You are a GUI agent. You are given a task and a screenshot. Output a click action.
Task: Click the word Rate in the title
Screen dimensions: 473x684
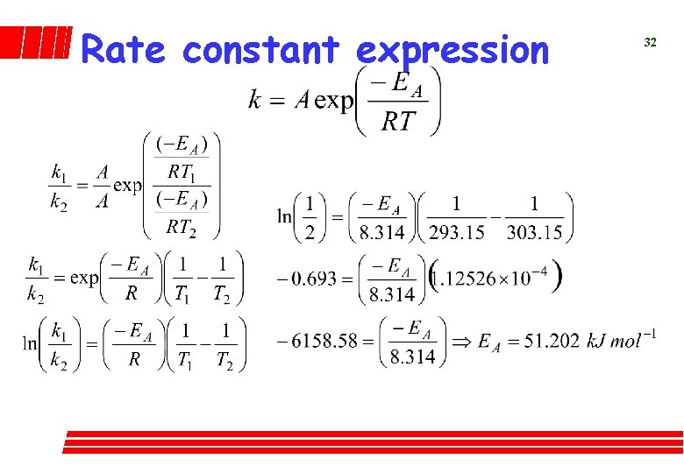pyautogui.click(x=123, y=50)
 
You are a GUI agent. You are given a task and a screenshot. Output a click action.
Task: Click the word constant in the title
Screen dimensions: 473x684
pyautogui.click(x=260, y=50)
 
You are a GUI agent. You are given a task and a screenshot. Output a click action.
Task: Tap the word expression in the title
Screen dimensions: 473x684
pyautogui.click(x=452, y=50)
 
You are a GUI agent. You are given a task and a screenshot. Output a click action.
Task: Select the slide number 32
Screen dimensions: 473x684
pyautogui.click(x=650, y=42)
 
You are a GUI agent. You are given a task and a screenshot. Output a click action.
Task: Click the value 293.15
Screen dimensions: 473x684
pyautogui.click(x=457, y=232)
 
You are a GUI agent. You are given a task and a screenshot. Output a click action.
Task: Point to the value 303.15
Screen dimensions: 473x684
pyautogui.click(x=535, y=232)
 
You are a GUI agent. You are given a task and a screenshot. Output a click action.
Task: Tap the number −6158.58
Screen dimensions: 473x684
pyautogui.click(x=317, y=340)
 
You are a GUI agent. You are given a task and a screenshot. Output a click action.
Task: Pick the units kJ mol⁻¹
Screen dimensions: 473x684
pyautogui.click(x=623, y=339)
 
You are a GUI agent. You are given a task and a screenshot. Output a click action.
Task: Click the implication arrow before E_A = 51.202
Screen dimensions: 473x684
pyautogui.click(x=460, y=340)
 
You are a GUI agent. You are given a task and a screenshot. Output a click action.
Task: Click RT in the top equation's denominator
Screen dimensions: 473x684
pyautogui.click(x=398, y=121)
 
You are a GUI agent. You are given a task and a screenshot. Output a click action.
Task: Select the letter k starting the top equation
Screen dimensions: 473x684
pyautogui.click(x=254, y=99)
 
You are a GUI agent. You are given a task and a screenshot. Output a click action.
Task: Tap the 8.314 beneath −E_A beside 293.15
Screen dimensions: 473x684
pyautogui.click(x=381, y=232)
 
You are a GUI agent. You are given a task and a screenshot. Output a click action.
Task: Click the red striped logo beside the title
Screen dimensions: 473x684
pyautogui.click(x=35, y=42)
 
